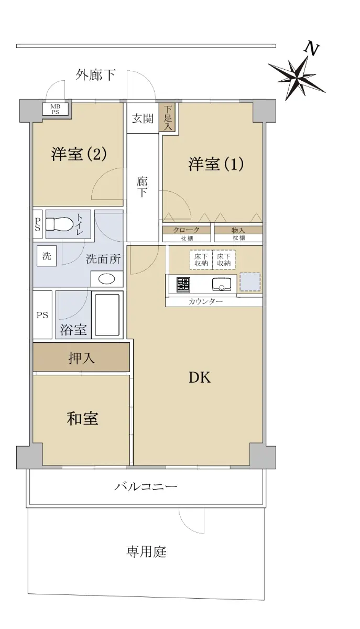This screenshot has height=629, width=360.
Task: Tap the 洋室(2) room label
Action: (79, 154)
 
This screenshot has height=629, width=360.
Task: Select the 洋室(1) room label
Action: (216, 164)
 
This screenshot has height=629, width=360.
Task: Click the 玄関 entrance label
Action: (143, 119)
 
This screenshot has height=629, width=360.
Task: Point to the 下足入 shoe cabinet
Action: (168, 117)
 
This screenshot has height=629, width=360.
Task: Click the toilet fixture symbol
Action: (58, 224)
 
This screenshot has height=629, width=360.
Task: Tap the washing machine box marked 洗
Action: (47, 256)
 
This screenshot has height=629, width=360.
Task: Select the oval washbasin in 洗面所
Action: (107, 279)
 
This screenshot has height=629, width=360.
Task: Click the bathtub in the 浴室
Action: (107, 315)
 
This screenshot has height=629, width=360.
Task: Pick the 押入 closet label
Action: (81, 359)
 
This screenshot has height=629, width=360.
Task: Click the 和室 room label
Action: (83, 418)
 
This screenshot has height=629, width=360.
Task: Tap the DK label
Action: (200, 378)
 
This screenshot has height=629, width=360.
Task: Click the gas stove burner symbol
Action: (183, 285)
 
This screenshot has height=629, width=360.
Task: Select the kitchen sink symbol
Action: (222, 284)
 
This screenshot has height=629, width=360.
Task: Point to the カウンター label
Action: (205, 302)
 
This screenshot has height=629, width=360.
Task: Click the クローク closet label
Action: (187, 230)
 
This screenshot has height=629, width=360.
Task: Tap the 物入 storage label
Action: (238, 230)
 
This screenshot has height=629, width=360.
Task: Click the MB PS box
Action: (56, 109)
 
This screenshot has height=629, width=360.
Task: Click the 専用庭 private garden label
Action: (146, 551)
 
